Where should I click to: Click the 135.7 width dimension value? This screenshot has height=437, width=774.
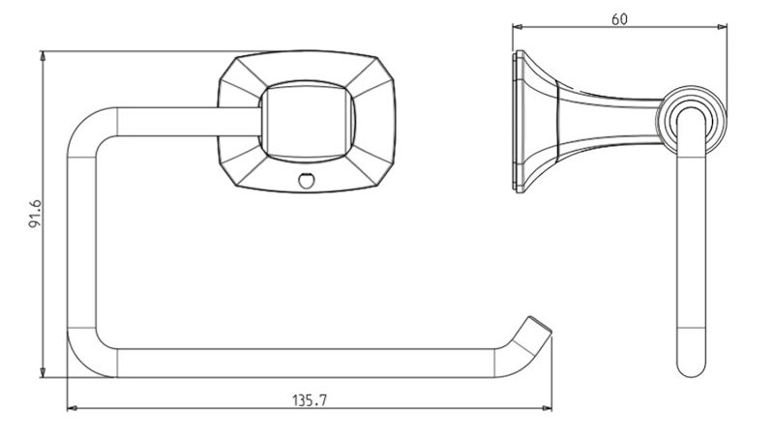(x=310, y=399)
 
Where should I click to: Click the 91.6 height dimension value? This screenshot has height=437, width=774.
(x=35, y=214)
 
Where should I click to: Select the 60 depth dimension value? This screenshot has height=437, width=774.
(x=619, y=19)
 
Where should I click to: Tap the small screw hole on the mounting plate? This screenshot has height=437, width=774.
(x=306, y=180)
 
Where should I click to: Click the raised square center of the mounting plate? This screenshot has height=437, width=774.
(x=306, y=121)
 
